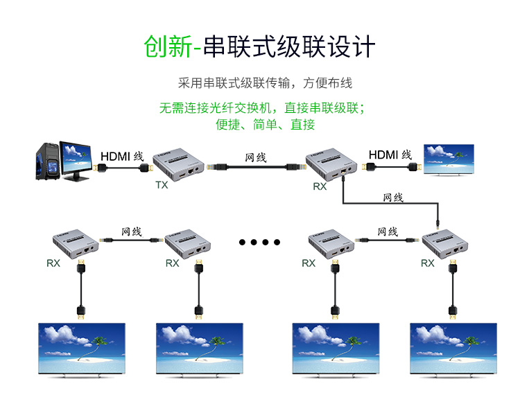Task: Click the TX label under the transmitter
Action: (x=162, y=185)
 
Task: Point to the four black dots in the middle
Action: (x=259, y=243)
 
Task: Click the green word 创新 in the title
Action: (x=167, y=46)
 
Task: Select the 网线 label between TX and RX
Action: (x=256, y=157)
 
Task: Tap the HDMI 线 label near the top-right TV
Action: (x=390, y=155)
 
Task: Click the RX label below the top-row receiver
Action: (x=320, y=186)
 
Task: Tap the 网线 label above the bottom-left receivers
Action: (x=131, y=231)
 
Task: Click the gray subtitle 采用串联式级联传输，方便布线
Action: (x=265, y=83)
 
